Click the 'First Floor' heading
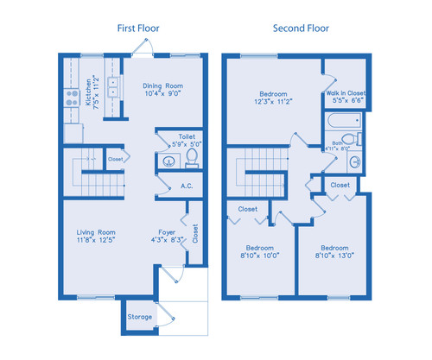pyautogui.click(x=138, y=28)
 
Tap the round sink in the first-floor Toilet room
pyautogui.click(x=166, y=162)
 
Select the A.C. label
pyautogui.click(x=186, y=186)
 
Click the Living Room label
pyautogui.click(x=96, y=232)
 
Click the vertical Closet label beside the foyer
pyautogui.click(x=195, y=232)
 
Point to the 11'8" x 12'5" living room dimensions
pyautogui.click(x=96, y=241)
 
